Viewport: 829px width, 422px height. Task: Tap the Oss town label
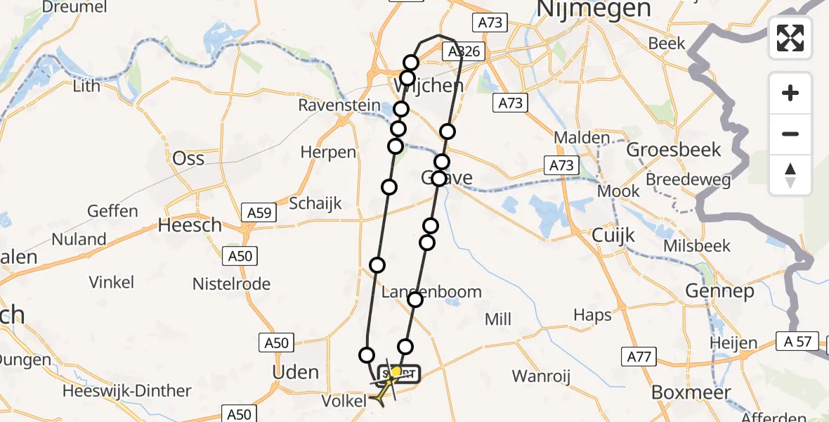[x=188, y=158]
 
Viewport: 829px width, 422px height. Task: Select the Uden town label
[x=295, y=372]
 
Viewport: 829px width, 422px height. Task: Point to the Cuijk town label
[x=613, y=234]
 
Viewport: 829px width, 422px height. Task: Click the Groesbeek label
[x=673, y=150]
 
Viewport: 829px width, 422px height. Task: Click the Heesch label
[x=190, y=226]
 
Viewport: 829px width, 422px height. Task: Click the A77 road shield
[x=638, y=357]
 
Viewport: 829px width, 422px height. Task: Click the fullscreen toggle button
[x=790, y=38]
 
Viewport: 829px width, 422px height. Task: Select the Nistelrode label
[x=231, y=284]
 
